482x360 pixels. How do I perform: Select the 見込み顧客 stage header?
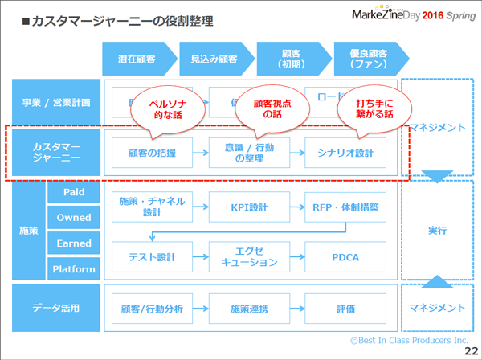pyautogui.click(x=213, y=59)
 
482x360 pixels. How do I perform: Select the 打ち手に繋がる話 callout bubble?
pyautogui.click(x=373, y=109)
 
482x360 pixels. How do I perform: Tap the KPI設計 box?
pyautogui.click(x=248, y=207)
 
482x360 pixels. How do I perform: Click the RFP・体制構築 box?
pyautogui.click(x=345, y=207)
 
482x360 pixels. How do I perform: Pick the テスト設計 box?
pyautogui.click(x=152, y=257)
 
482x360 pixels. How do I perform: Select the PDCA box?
pyautogui.click(x=345, y=257)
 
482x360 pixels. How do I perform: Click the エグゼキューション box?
pyautogui.click(x=248, y=257)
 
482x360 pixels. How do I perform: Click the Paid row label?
pyautogui.click(x=73, y=193)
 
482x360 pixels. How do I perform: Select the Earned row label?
pyautogui.click(x=73, y=243)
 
